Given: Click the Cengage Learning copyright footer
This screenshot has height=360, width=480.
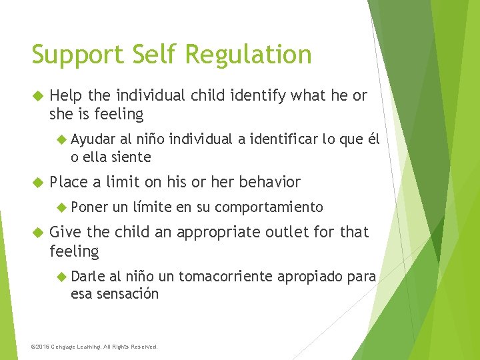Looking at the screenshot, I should click(95, 347).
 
